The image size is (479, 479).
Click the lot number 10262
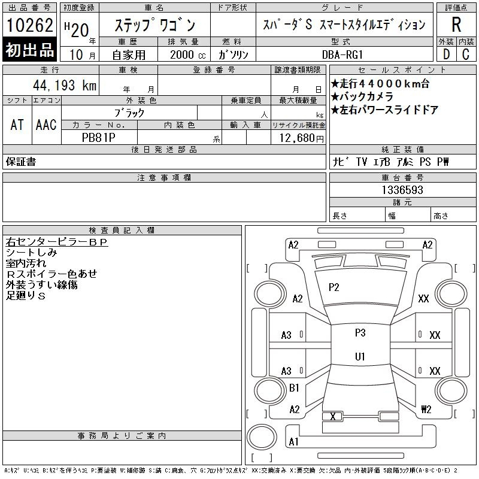[29, 25]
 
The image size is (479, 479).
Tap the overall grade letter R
[456, 25]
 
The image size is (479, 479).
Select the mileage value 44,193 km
[65, 85]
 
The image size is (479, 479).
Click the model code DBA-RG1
[342, 54]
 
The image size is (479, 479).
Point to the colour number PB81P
[99, 138]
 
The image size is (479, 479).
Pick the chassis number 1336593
[402, 190]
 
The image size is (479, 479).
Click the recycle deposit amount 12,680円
[301, 138]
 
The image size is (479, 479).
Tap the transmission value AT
[17, 125]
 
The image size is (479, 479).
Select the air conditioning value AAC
[46, 125]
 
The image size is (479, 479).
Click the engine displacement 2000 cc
[188, 54]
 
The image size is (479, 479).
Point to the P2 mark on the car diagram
[334, 287]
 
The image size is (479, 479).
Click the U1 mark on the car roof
[360, 356]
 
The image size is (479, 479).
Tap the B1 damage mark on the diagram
[294, 388]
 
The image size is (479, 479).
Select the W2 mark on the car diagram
[426, 409]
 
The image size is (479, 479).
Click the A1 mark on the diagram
[293, 441]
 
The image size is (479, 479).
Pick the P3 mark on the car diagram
[360, 332]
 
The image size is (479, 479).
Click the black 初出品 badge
[29, 50]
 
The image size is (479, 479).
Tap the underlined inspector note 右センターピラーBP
[57, 242]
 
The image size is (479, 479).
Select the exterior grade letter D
[446, 54]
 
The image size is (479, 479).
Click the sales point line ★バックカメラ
[362, 96]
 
